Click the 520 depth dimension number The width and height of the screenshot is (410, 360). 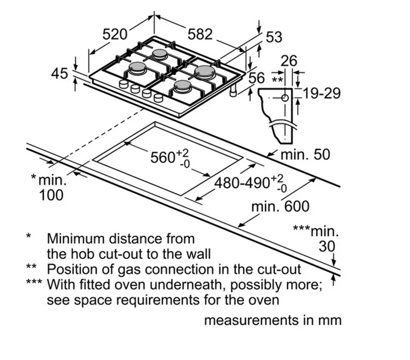[x=115, y=35]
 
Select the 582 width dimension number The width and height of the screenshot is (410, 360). [x=200, y=34]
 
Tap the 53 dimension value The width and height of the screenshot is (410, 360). [x=274, y=37]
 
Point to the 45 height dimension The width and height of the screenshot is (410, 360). [x=60, y=74]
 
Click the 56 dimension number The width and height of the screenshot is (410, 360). [x=257, y=78]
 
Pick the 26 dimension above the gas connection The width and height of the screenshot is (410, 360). [x=289, y=61]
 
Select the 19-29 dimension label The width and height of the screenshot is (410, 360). [x=322, y=93]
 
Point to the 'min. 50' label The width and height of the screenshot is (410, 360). [x=305, y=154]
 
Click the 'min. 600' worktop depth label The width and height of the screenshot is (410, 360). [x=280, y=206]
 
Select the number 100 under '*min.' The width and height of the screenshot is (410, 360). [x=51, y=195]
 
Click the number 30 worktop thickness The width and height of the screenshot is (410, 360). [x=327, y=246]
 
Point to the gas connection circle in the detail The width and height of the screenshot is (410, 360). [x=285, y=98]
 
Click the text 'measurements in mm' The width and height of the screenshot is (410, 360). [x=273, y=320]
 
